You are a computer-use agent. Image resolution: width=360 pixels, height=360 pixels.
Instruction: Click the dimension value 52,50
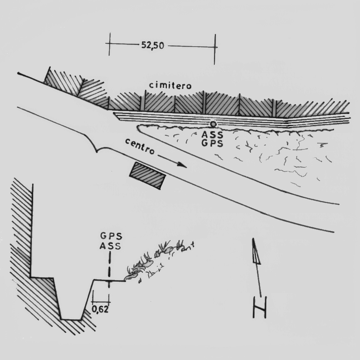[153, 45]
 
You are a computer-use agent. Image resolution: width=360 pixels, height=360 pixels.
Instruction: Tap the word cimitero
[170, 85]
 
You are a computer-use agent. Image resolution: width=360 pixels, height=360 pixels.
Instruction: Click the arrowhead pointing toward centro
[182, 164]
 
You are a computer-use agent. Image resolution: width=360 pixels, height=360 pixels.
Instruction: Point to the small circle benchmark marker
[213, 124]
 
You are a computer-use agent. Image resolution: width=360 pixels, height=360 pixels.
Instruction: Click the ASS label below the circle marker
[212, 134]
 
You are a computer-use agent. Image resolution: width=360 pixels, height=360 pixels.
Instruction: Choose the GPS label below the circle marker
[212, 143]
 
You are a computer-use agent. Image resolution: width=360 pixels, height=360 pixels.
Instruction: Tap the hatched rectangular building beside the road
[148, 176]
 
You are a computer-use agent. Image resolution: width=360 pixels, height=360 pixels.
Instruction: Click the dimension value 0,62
[100, 309]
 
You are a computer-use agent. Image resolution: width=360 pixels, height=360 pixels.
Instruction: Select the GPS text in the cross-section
[111, 236]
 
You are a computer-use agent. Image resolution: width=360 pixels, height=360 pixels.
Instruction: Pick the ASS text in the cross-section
[110, 246]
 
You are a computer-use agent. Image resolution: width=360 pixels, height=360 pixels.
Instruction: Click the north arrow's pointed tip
[253, 239]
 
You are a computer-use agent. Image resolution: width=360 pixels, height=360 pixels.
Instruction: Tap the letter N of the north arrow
[259, 307]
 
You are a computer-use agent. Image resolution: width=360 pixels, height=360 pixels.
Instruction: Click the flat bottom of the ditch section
[71, 319]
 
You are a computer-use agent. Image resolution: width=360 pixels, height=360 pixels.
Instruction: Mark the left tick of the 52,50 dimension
[109, 44]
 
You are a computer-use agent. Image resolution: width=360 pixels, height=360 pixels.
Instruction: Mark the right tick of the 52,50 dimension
[215, 49]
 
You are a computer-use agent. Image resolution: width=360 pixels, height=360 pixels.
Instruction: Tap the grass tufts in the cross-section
[159, 259]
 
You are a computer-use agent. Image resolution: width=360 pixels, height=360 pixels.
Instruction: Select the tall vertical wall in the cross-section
[32, 231]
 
